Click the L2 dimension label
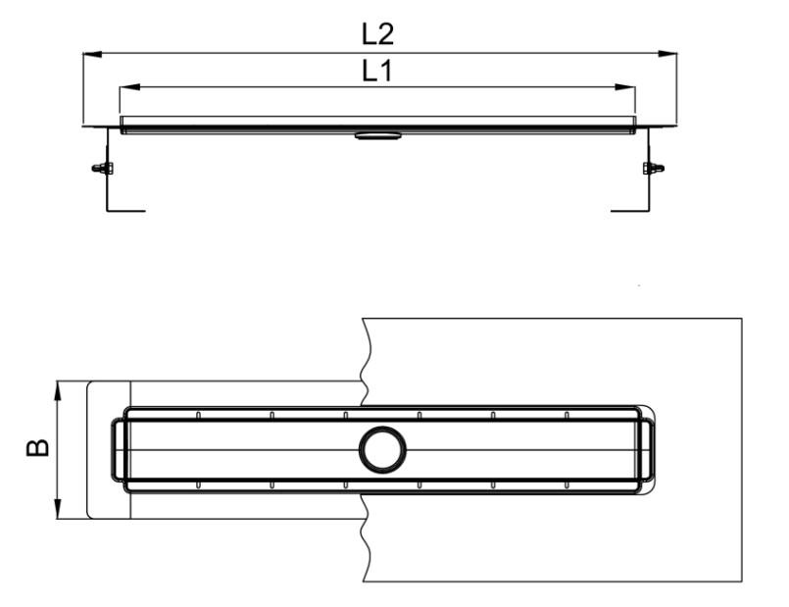click(x=377, y=35)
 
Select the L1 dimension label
click(x=377, y=71)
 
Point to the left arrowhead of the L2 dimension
click(x=90, y=55)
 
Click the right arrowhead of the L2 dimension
click(x=669, y=55)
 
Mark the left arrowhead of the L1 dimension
click(x=127, y=87)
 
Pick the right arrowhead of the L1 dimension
click(x=627, y=87)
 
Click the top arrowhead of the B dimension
click(x=59, y=389)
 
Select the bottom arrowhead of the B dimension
click(x=59, y=510)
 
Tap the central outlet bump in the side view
click(x=378, y=135)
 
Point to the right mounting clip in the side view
click(x=652, y=168)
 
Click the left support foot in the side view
click(x=123, y=209)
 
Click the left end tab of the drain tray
click(x=118, y=450)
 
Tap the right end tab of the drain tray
click(x=648, y=450)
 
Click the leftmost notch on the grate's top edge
click(x=198, y=415)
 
